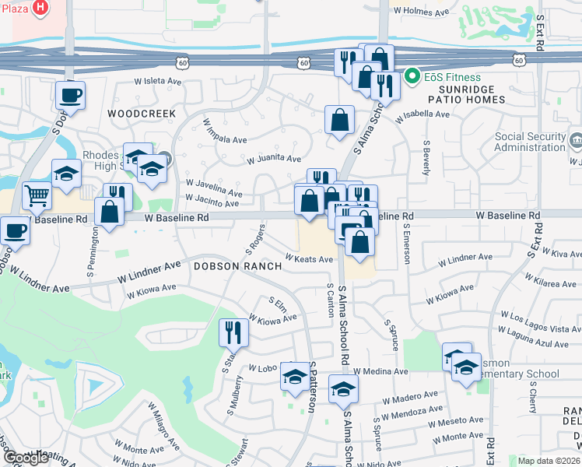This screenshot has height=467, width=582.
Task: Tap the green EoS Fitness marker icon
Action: click(x=412, y=77)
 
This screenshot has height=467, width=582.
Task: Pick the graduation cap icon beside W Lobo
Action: click(x=294, y=377)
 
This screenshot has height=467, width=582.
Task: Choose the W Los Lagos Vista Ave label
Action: click(x=535, y=318)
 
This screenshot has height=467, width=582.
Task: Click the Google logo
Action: click(x=26, y=458)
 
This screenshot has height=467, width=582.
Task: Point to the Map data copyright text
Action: click(x=549, y=461)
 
